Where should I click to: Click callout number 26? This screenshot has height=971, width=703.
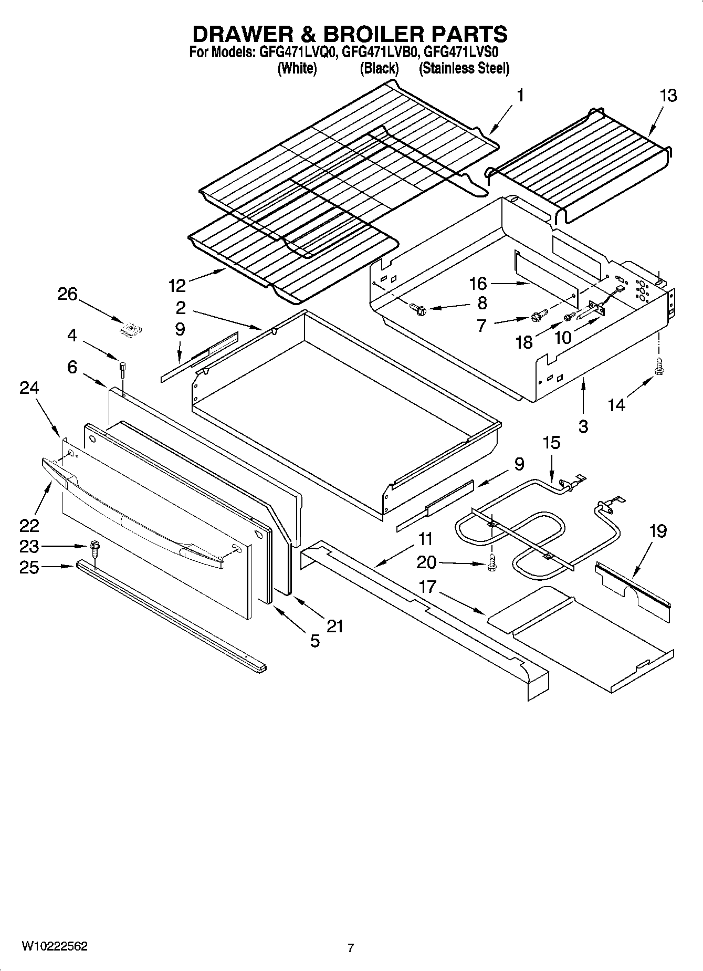[x=67, y=294]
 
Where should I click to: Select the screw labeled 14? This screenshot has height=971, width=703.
[x=657, y=367]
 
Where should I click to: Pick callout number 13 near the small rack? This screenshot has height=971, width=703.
[x=668, y=96]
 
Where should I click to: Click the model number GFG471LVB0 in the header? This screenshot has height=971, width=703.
[x=380, y=53]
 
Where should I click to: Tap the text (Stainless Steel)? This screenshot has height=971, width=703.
[x=464, y=68]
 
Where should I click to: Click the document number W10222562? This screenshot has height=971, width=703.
[x=55, y=946]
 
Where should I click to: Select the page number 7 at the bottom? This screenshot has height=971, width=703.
[x=351, y=948]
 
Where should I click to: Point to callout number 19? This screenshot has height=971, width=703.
[x=657, y=531]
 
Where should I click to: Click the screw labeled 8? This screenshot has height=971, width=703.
[x=418, y=310]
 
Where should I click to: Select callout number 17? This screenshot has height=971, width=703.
[x=428, y=586]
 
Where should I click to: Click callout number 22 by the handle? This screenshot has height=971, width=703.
[x=29, y=525]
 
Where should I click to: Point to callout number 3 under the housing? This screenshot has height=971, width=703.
[x=583, y=426]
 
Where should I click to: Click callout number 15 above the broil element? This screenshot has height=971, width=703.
[x=551, y=443]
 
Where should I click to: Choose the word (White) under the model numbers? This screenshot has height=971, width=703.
[x=297, y=68]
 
